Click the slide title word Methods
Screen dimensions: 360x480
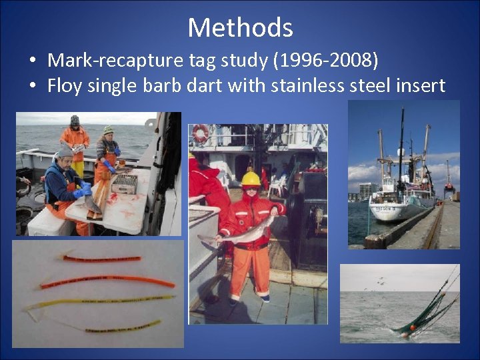coord(240,27)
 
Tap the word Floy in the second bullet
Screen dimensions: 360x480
coord(68,86)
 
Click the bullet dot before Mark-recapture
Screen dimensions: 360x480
coord(33,61)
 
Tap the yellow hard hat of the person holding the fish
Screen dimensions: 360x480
coord(251,179)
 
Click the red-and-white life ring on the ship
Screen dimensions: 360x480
coord(200,133)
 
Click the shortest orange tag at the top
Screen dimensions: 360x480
coord(101,258)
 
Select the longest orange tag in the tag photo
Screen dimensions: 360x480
coord(107,282)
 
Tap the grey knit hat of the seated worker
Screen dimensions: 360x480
coord(63,151)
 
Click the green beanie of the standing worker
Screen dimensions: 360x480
coord(108,129)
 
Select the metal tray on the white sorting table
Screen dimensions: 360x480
coord(124,183)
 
